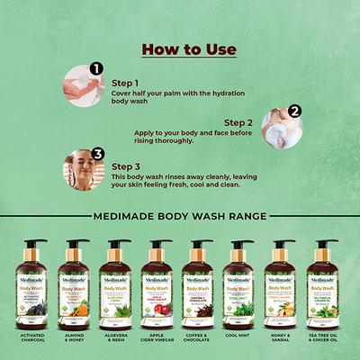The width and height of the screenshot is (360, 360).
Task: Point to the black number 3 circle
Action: pos(98,155)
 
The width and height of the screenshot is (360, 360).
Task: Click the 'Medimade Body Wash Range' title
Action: pos(180,216)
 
